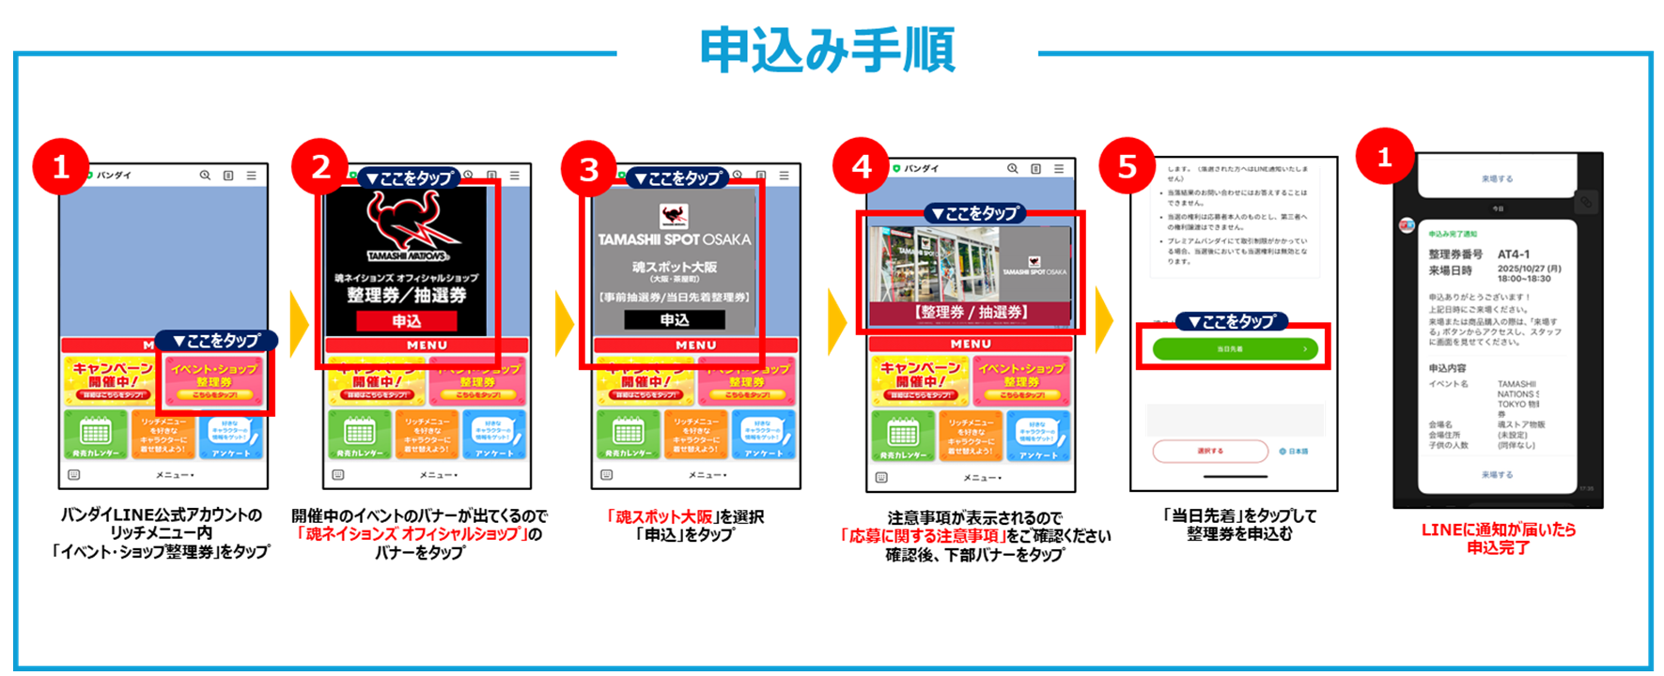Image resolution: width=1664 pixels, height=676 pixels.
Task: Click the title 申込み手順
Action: tap(827, 51)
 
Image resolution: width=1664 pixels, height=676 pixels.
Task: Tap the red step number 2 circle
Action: tap(320, 167)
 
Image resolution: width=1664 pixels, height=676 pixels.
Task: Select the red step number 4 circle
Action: tap(862, 167)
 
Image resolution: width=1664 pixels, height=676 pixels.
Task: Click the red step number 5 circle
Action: tap(1127, 167)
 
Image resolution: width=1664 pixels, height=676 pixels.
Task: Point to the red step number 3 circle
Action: tap(589, 170)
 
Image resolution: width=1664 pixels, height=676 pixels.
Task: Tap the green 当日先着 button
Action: tap(1234, 348)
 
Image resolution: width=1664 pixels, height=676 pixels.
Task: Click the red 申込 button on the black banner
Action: tap(407, 321)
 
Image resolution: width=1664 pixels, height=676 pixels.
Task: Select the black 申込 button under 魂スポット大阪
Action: tap(674, 320)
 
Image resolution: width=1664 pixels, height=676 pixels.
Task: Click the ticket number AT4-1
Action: tap(1514, 254)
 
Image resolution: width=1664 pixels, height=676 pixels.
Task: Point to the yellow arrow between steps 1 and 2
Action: tap(299, 323)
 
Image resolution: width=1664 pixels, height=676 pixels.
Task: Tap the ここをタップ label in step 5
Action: tap(1232, 322)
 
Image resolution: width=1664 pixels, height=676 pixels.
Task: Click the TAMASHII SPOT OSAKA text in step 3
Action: tap(675, 240)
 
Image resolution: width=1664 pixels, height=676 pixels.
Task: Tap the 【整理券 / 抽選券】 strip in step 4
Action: tap(971, 313)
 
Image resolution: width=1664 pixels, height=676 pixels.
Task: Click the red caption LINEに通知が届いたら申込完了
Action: tap(1498, 538)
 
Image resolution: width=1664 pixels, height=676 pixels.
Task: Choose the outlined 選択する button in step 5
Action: tap(1209, 452)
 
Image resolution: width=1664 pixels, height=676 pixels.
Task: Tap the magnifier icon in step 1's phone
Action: tap(205, 176)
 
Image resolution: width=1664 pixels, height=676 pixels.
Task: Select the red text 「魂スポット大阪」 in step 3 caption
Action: tap(660, 516)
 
